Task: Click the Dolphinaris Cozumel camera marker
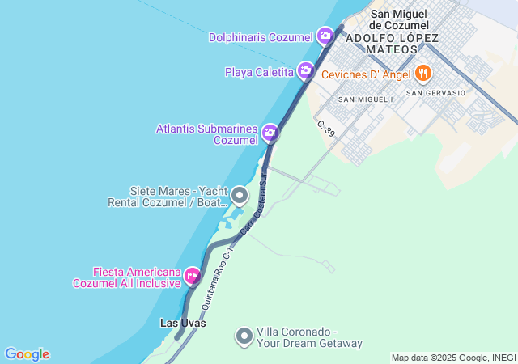tap(325, 36)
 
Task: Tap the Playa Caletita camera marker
tap(305, 71)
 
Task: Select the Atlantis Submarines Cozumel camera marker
tap(270, 133)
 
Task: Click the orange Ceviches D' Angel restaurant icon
tap(422, 74)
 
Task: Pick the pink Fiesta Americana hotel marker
tap(192, 277)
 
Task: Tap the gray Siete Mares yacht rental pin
tap(239, 195)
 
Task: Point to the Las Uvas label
tap(183, 323)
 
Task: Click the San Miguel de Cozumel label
tap(404, 19)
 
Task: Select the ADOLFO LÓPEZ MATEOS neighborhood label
tap(392, 44)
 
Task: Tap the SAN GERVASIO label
tap(436, 93)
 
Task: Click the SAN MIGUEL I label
tap(365, 99)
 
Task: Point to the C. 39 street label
tap(326, 128)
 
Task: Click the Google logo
tap(27, 354)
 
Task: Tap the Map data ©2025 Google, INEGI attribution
tap(453, 358)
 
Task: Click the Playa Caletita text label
tap(259, 72)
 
